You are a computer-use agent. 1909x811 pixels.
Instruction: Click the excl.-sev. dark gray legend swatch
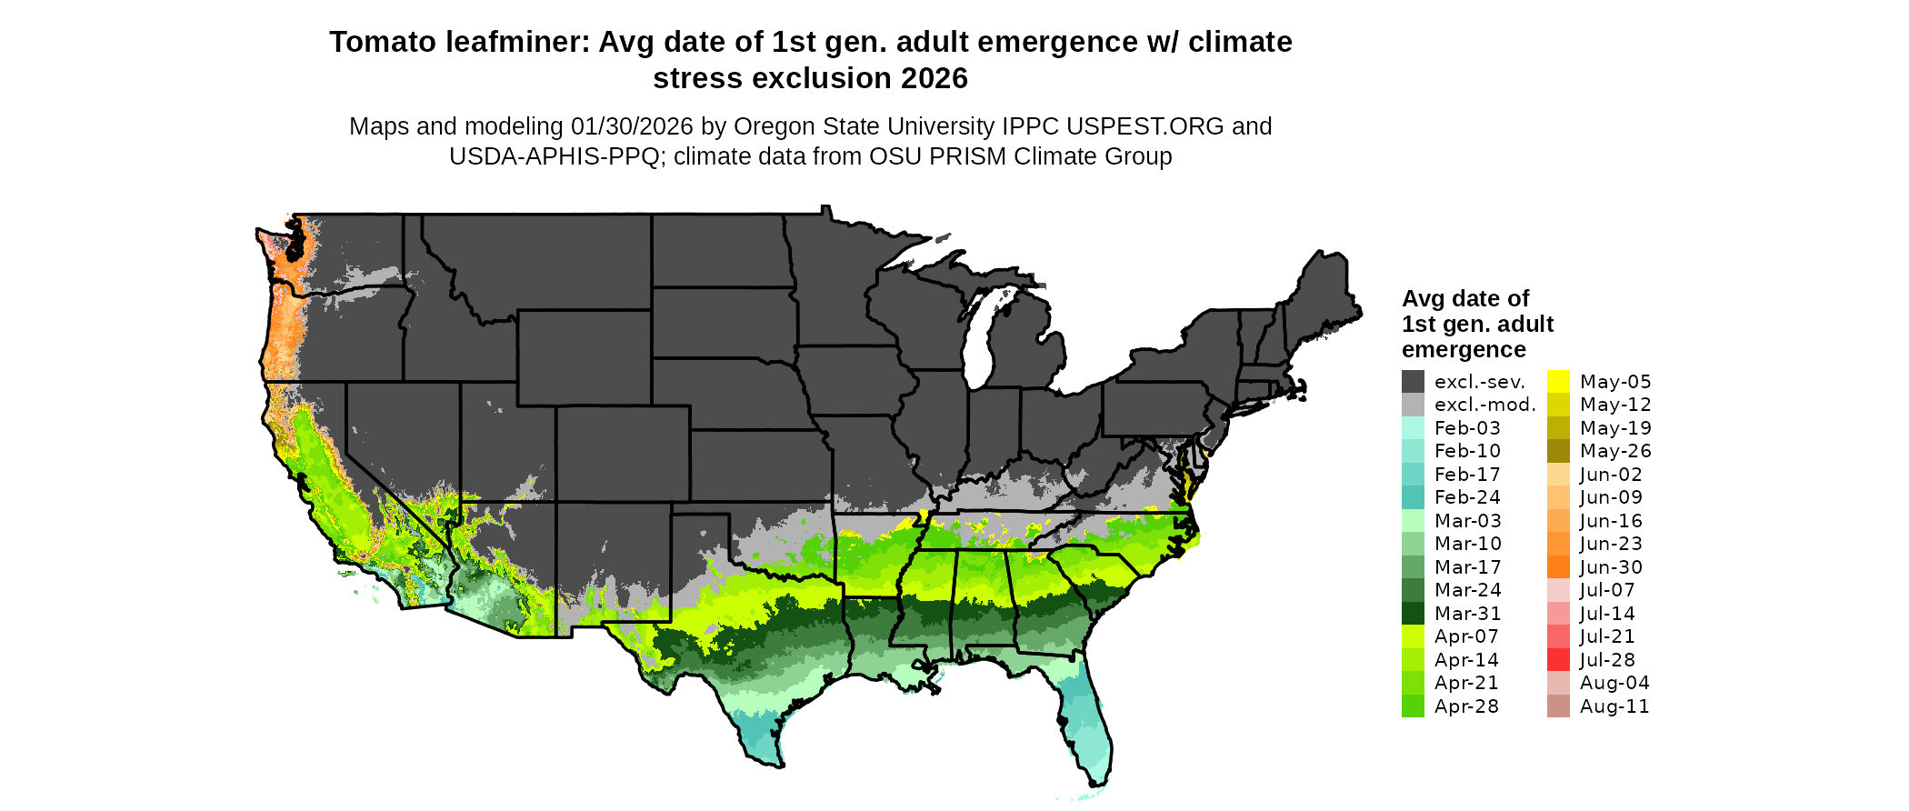[x=1413, y=382]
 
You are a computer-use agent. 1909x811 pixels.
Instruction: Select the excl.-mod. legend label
[x=1484, y=405]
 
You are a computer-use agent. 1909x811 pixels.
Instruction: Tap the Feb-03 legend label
[x=1467, y=428]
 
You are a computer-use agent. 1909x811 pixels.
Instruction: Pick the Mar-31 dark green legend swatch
[x=1413, y=614]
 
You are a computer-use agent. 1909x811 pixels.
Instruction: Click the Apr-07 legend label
[x=1466, y=636]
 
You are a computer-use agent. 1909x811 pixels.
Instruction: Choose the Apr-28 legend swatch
[x=1413, y=706]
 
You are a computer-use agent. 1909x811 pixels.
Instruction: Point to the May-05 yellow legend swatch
[x=1558, y=382]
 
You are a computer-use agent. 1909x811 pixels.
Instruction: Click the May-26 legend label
[x=1615, y=451]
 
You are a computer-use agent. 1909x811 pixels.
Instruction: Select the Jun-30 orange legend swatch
[x=1558, y=567]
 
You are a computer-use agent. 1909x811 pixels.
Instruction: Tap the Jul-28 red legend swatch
[x=1558, y=660]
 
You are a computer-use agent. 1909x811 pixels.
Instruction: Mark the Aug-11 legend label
[x=1614, y=706]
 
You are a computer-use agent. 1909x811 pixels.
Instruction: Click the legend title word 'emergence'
[x=1464, y=350]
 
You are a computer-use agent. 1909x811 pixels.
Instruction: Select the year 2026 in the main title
[x=935, y=79]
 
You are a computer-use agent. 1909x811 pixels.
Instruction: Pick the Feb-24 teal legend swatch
[x=1413, y=497]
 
